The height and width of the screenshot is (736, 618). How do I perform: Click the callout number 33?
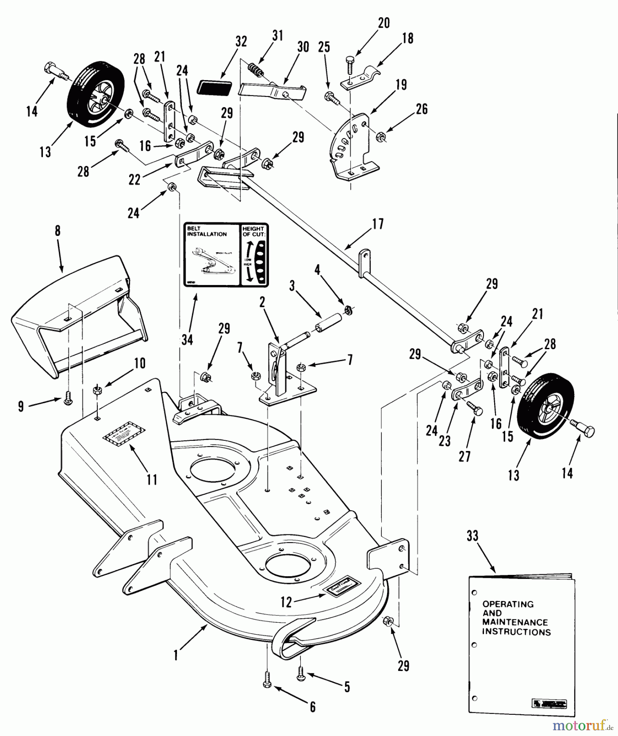tap(472, 536)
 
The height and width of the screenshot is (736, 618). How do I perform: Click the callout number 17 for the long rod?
tap(378, 224)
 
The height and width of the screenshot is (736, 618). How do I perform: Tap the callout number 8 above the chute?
tap(58, 231)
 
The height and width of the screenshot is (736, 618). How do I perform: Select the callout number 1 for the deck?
tap(176, 655)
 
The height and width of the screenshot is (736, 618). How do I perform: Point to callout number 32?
tap(241, 42)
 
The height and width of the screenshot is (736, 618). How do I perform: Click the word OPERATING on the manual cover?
tap(508, 604)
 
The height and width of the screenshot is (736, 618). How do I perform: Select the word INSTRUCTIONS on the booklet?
tap(516, 632)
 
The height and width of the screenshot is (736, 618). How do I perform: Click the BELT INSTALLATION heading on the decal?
tap(207, 231)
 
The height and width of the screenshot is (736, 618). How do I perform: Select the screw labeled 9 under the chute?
tap(68, 401)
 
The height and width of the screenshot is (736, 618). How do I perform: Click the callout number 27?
tap(465, 456)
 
